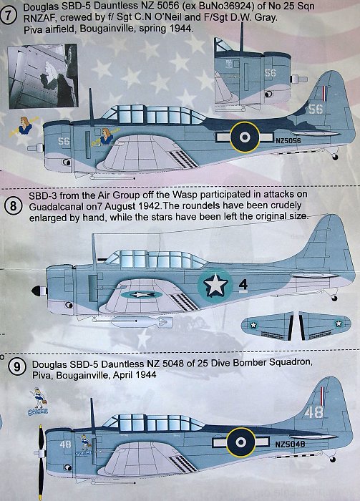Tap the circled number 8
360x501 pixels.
click(x=13, y=205)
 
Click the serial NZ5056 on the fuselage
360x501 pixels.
click(x=288, y=140)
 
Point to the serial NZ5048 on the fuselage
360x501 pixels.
click(x=290, y=444)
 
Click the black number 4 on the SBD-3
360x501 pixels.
click(x=243, y=284)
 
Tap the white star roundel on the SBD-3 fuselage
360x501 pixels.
click(x=215, y=285)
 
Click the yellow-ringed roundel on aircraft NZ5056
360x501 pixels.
click(x=245, y=137)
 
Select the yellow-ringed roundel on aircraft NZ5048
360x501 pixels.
click(x=241, y=442)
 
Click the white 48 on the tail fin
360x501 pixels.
click(x=313, y=412)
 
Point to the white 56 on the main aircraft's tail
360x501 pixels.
click(x=316, y=109)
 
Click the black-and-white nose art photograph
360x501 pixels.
click(x=42, y=76)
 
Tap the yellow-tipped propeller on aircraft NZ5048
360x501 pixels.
click(x=41, y=462)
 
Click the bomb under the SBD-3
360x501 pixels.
click(x=137, y=322)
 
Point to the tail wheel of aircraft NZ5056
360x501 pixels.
click(x=335, y=157)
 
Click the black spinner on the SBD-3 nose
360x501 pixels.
click(x=37, y=291)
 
